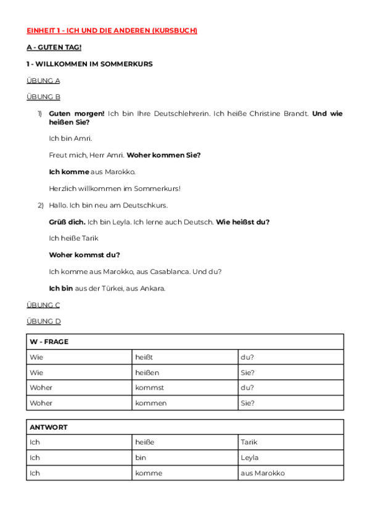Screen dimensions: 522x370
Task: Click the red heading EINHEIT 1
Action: pos(112,31)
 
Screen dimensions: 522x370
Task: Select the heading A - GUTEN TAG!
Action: pos(54,47)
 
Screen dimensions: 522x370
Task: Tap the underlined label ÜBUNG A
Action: pos(43,81)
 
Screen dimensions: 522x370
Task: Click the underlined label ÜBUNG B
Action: pos(43,97)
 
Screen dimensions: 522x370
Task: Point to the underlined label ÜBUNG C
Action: pos(43,305)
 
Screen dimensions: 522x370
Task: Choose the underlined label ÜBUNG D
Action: pos(44,321)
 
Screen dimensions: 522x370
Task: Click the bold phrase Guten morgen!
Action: pos(76,114)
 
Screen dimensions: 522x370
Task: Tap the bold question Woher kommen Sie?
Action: pos(163,155)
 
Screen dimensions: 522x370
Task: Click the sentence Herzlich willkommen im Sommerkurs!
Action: pos(115,188)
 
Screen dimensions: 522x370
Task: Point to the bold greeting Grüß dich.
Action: pos(67,222)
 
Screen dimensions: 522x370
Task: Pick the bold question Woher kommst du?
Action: pos(84,255)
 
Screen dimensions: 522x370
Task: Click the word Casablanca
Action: pos(172,271)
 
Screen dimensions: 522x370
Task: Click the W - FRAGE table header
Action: pos(49,342)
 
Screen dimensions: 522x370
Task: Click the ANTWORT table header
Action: pos(49,427)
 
